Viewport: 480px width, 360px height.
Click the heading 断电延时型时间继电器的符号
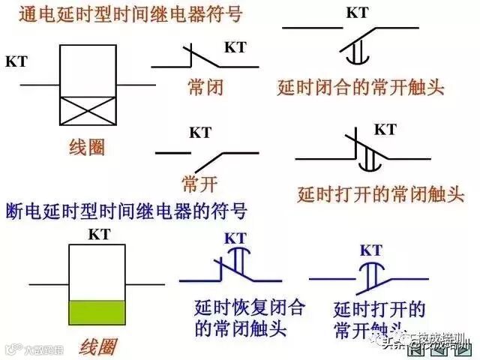125,207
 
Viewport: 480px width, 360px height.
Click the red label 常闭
205,88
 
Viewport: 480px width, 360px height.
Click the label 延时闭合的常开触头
360,88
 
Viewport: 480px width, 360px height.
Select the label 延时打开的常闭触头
381,195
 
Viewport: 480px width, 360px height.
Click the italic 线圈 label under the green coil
97,346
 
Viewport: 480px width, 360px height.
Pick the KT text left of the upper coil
16,62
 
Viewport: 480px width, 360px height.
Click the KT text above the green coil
99,234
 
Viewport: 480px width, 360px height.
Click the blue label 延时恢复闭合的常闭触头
240,317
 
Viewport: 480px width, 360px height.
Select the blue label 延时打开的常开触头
379,318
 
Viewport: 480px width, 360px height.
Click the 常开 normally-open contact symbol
205,157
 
